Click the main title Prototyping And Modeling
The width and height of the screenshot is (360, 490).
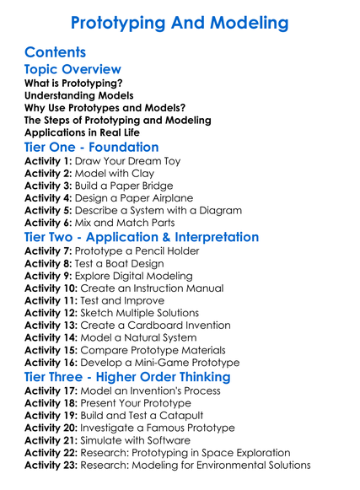180,23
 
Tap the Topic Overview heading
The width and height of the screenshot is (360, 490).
73,70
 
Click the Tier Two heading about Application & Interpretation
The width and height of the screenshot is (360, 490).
142,237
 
